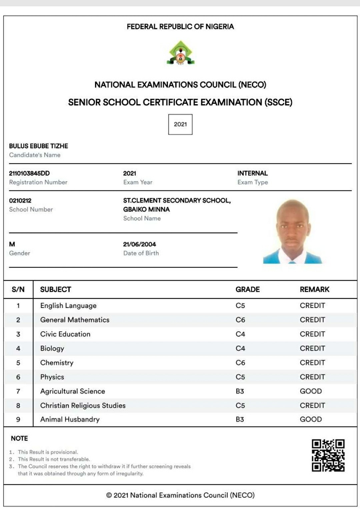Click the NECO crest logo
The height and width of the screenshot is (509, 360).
180,53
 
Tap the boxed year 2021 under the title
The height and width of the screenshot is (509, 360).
180,124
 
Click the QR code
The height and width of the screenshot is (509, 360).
328,455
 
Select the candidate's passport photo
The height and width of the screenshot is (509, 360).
293,231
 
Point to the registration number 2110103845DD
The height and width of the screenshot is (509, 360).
29,173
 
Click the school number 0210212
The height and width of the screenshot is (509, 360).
20,200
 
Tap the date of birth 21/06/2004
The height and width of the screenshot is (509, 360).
139,244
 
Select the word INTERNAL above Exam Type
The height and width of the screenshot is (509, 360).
252,173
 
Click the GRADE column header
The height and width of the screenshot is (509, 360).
247,290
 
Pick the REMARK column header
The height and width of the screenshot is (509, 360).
314,290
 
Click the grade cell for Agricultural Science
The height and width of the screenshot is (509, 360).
240,391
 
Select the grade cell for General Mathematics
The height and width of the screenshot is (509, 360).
240,320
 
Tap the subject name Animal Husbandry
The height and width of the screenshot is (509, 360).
70,420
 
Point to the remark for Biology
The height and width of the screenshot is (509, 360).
312,348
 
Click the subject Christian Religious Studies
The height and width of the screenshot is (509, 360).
83,406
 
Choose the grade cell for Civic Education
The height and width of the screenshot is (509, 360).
240,334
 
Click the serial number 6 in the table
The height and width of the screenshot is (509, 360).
18,377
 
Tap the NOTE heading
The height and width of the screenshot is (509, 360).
19,438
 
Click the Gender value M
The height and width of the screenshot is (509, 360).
12,244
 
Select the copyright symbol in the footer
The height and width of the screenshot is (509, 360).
109,495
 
